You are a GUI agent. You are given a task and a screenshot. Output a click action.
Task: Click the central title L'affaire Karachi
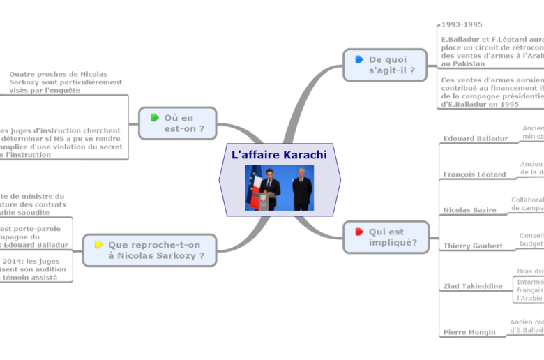(279, 154)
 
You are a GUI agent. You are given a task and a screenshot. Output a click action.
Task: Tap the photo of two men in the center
(279, 188)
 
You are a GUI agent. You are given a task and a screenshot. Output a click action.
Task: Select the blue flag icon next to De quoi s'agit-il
(358, 59)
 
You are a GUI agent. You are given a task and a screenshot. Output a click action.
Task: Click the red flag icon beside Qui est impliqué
(358, 232)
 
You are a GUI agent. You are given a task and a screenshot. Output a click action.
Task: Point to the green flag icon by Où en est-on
(154, 117)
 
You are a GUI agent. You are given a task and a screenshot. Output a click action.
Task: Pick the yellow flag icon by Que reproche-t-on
(99, 245)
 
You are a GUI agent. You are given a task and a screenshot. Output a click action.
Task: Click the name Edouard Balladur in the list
(476, 138)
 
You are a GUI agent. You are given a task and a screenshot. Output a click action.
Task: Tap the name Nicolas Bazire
(470, 210)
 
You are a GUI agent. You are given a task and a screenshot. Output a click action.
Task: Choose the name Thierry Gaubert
(473, 246)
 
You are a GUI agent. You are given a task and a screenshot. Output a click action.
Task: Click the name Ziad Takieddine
(472, 286)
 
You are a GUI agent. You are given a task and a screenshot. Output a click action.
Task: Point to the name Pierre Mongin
(469, 332)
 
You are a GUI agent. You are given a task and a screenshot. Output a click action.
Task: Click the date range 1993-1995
(462, 24)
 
